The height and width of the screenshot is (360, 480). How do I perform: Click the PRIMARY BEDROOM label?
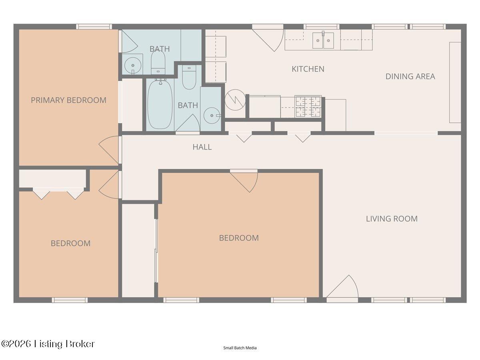pyautogui.click(x=68, y=100)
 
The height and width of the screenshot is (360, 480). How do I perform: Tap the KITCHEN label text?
pyautogui.click(x=308, y=69)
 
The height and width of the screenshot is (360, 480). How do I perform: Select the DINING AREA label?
pyautogui.click(x=410, y=76)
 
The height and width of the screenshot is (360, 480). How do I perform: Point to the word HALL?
pyautogui.click(x=202, y=147)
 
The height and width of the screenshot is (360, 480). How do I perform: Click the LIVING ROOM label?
pyautogui.click(x=392, y=219)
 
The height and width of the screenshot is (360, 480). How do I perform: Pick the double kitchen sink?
pyautogui.click(x=323, y=40)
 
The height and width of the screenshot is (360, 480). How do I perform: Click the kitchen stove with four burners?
pyautogui.click(x=308, y=107)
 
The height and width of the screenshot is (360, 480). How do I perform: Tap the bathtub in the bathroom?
pyautogui.click(x=160, y=104)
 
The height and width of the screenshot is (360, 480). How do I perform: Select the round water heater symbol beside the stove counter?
pyautogui.click(x=235, y=100)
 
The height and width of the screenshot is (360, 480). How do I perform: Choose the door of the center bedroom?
pyautogui.click(x=244, y=180)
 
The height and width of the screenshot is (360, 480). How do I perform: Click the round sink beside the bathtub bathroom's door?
pyautogui.click(x=211, y=116)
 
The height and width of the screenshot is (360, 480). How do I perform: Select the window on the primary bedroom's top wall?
pyautogui.click(x=94, y=27)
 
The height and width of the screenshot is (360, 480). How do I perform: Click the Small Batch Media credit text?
pyautogui.click(x=240, y=348)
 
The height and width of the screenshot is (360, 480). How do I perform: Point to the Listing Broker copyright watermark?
pyautogui.click(x=48, y=344)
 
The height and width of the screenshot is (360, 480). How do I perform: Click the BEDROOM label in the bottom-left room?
pyautogui.click(x=70, y=243)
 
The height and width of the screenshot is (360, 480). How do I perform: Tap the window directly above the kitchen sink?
pyautogui.click(x=321, y=27)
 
